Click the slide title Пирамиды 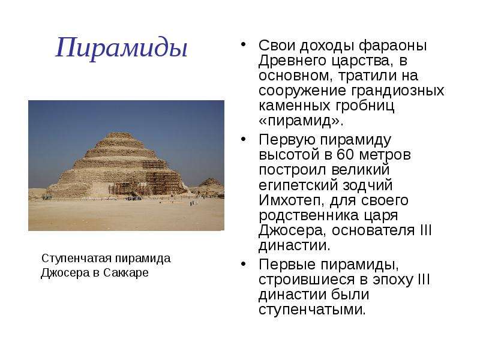(122, 47)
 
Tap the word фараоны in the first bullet (393, 46)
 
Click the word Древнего (293, 61)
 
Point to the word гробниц (365, 106)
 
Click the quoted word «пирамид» (301, 121)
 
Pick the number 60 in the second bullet (346, 154)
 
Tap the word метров (385, 155)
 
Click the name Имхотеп (292, 200)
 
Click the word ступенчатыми (312, 310)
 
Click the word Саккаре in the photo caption (126, 272)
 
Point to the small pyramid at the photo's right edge (211, 184)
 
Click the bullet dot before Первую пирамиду (244, 139)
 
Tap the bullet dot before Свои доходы (244, 45)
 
